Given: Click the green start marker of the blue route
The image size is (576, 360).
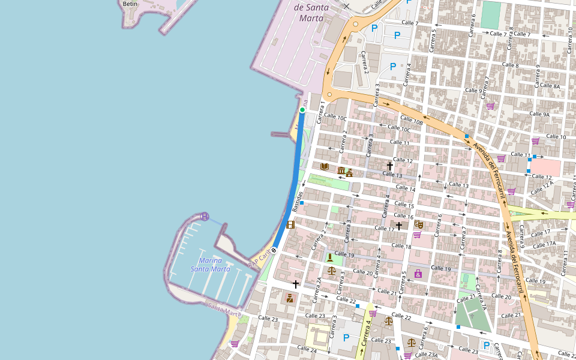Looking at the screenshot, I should pos(302,110).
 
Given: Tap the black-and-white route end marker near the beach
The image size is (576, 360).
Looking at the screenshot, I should pos(274,250).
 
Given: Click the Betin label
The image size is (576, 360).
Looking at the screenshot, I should pos(130,4).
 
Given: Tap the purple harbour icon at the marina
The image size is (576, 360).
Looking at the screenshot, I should pos(205,216).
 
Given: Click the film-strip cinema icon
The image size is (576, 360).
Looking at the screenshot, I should pos(291,224).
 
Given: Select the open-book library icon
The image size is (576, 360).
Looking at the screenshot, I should pos(325,166).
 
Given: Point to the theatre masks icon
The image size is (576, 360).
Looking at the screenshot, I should pos(419,224).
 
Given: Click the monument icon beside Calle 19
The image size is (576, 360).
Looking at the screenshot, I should pos(330,258).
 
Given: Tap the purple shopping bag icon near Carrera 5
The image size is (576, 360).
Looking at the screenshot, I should pos(418,274).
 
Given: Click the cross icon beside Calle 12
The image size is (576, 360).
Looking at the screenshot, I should pos(389,166).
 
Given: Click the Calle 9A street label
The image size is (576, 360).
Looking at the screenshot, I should pos(538,114).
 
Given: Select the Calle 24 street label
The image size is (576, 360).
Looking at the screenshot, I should pos(307,349).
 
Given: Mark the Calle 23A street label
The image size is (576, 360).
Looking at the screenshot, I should pos(426,355).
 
